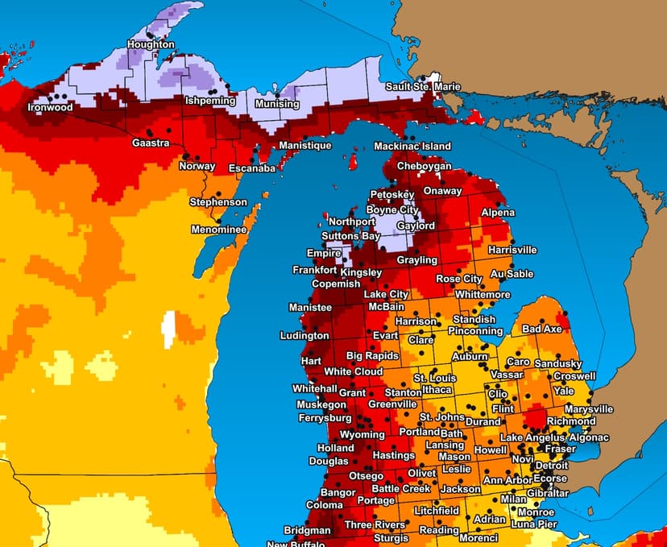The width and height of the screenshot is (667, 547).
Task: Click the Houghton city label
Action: [151, 45]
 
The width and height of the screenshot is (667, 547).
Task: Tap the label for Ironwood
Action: [50, 107]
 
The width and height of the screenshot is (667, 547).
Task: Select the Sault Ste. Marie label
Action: [423, 86]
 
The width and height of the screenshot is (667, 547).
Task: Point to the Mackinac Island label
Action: [412, 147]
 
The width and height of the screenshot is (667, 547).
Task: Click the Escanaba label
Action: [252, 168]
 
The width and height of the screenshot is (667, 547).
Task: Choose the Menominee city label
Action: [217, 230]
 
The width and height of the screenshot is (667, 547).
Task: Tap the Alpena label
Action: [497, 213]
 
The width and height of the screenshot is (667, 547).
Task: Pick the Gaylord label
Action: [415, 226]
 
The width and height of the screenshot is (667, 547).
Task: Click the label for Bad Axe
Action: [541, 329]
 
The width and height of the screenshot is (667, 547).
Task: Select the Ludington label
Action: [304, 336]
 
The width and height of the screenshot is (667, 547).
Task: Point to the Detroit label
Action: [552, 466]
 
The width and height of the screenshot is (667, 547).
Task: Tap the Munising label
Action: [277, 105]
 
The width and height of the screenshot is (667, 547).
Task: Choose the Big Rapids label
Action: [372, 356]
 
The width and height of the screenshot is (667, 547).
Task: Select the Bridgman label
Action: [307, 531]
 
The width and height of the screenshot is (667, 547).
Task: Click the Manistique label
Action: [305, 146]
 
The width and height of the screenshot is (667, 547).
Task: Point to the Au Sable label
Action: [512, 275]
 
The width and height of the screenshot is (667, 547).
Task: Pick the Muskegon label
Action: [321, 404]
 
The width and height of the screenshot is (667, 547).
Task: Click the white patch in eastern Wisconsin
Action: [168, 329]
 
